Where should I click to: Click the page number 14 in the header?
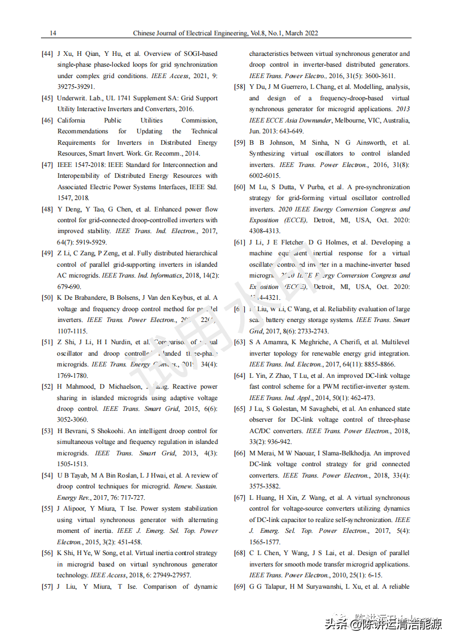click(x=53, y=33)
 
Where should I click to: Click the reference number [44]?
click(x=47, y=54)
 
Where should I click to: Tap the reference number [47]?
click(x=47, y=165)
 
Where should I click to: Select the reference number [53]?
click(x=47, y=431)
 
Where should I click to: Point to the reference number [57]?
click(x=47, y=586)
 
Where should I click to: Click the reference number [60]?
click(x=240, y=187)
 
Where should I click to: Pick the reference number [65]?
click(x=240, y=409)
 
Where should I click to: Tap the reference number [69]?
click(x=240, y=586)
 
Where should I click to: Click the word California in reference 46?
click(x=71, y=120)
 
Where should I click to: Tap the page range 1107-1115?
click(x=72, y=331)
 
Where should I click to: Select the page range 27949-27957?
click(x=167, y=575)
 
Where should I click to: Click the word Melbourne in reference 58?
click(x=351, y=120)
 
